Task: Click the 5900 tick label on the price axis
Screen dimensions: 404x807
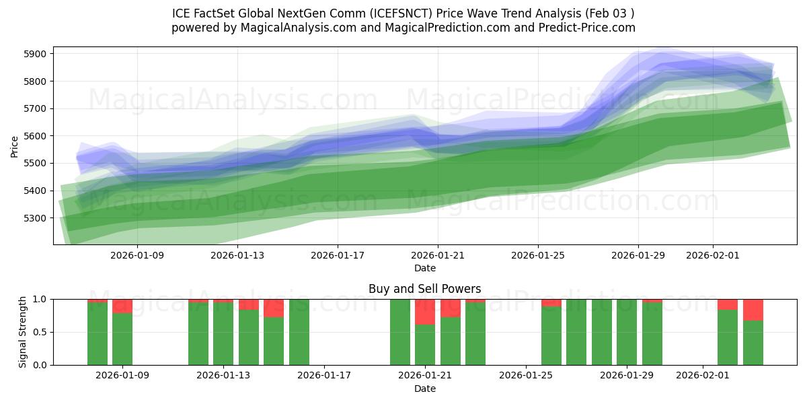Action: click(x=36, y=54)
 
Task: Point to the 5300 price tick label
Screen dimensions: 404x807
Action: click(x=36, y=218)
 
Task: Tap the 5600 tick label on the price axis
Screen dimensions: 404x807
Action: click(x=36, y=136)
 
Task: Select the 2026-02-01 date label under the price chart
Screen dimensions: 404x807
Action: click(x=713, y=256)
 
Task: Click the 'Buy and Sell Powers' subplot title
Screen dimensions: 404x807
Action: click(x=424, y=289)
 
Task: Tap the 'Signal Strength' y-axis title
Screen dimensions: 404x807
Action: click(x=23, y=331)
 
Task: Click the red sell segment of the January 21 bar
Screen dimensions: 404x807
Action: click(x=425, y=312)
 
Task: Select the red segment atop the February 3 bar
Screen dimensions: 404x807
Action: click(x=753, y=310)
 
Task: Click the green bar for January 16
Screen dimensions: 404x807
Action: click(x=299, y=332)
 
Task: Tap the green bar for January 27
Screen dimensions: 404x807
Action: click(x=576, y=332)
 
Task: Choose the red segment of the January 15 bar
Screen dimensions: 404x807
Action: click(x=274, y=308)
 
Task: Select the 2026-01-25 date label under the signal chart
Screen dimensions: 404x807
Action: click(x=525, y=374)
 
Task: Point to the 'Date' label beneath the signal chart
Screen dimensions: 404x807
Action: click(x=424, y=389)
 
